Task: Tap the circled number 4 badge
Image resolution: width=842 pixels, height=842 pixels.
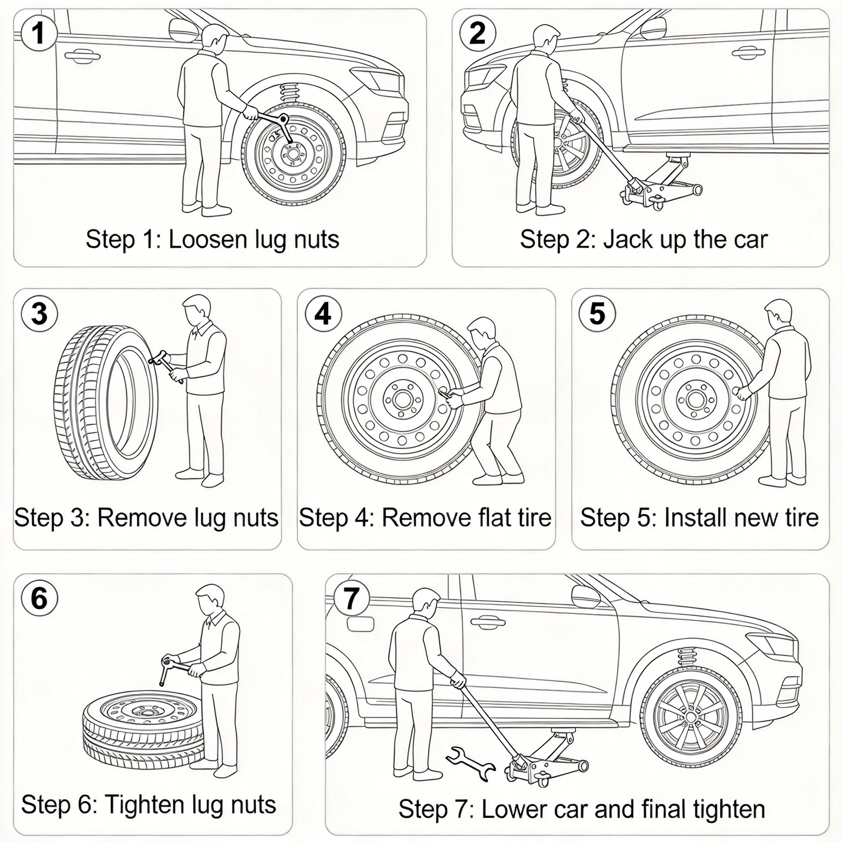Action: (x=323, y=313)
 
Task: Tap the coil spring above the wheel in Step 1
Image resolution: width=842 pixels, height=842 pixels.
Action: (x=288, y=93)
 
